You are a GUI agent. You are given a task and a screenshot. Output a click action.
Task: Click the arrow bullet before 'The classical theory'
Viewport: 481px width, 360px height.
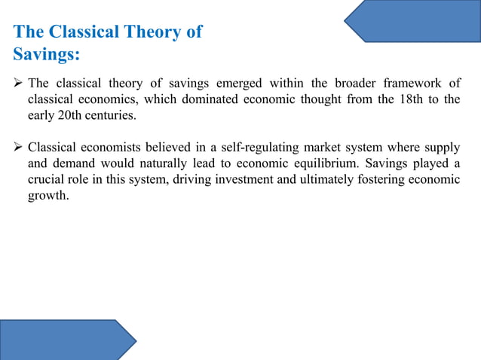pyautogui.click(x=18, y=83)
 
